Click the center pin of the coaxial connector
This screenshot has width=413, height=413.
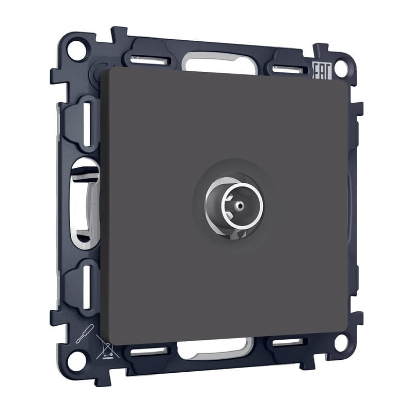point(240,205)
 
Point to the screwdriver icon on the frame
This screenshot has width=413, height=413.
point(85,333)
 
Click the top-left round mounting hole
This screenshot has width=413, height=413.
point(76,50)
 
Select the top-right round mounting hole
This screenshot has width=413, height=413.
point(342,69)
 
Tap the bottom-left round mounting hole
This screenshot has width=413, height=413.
point(77,360)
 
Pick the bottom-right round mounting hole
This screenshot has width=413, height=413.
point(342,343)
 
